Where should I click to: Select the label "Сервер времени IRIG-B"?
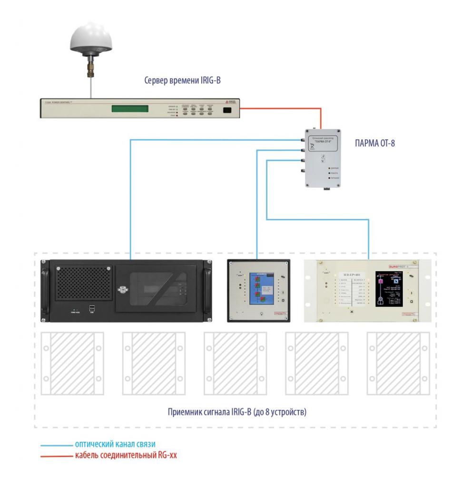pos(183,80)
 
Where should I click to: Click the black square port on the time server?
pos(227,110)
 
